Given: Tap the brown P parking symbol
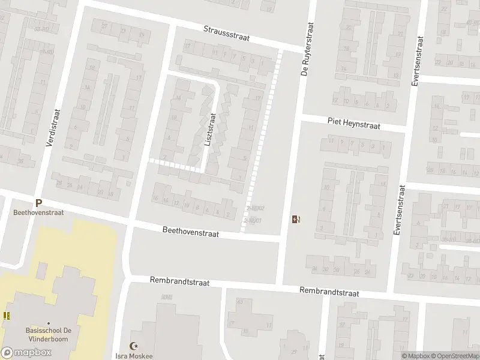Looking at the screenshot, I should [38, 203].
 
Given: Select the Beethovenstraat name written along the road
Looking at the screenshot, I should [191, 232].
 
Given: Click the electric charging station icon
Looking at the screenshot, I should [295, 220].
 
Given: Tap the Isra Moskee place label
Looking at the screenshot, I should [134, 356].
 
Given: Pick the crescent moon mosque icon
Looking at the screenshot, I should [134, 346].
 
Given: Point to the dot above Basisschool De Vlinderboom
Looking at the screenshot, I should [49, 320].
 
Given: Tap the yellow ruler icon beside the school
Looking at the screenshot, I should [6, 316].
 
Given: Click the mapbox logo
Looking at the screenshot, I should [26, 353].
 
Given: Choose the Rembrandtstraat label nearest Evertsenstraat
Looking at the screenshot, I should [329, 292].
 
